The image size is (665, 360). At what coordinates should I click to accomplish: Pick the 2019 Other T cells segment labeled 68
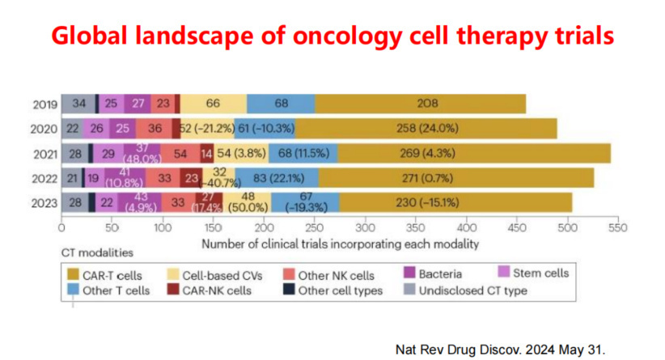281,104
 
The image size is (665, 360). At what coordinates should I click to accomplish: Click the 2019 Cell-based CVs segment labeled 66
214,104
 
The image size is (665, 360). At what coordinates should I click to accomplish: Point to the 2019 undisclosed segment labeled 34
78,104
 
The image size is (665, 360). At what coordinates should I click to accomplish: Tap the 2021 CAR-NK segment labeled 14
207,153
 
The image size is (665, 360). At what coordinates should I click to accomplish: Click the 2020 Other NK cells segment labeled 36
155,128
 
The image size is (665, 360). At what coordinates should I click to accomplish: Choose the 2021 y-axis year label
44,153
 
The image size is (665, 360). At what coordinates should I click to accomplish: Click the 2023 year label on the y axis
44,202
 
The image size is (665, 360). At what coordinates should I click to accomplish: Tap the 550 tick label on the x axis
617,228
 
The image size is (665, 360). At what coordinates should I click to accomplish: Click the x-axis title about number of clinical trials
339,243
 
